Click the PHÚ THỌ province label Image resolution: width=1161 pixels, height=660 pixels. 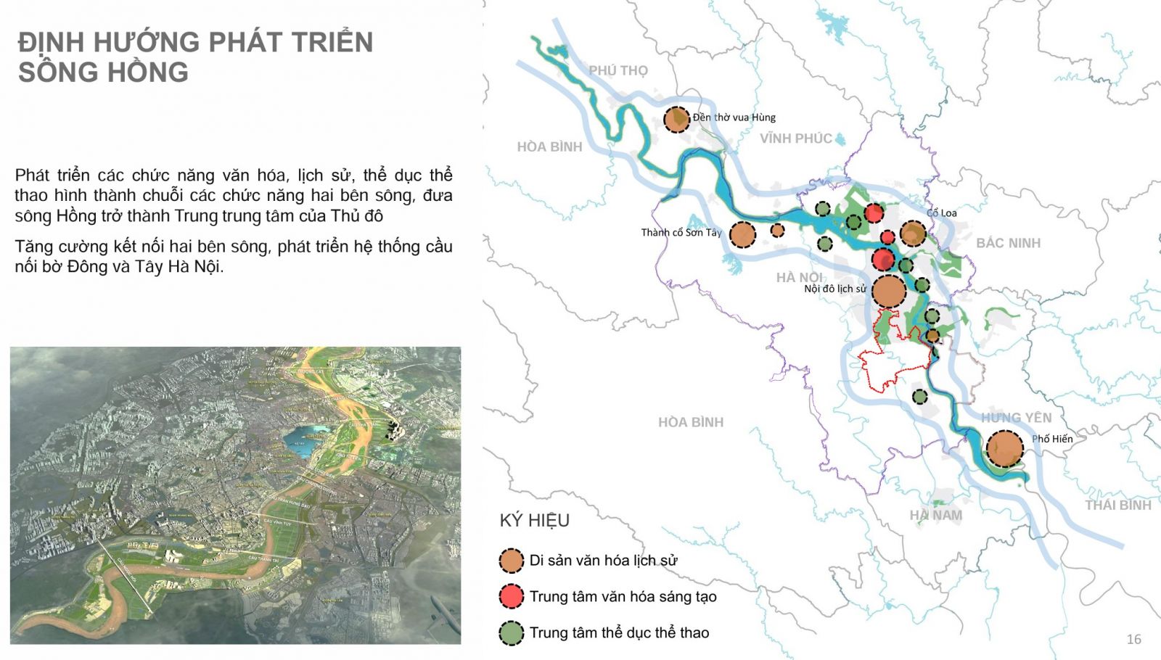click(x=618, y=70)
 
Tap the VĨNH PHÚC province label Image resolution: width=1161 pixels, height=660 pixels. click(x=795, y=139)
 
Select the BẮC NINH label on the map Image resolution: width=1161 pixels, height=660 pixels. click(x=1008, y=243)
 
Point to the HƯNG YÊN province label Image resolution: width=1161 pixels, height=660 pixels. click(x=1016, y=418)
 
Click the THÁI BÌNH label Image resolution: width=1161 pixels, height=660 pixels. click(x=1117, y=506)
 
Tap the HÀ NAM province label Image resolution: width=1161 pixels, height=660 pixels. click(x=936, y=515)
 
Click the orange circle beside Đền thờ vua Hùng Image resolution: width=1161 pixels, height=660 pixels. click(x=677, y=119)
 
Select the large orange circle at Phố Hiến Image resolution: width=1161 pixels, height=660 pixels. click(x=1005, y=448)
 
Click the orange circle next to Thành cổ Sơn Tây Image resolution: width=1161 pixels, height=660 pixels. click(x=742, y=235)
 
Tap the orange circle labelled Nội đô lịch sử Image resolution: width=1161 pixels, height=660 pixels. click(x=888, y=291)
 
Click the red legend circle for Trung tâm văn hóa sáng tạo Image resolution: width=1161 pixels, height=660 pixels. click(x=512, y=596)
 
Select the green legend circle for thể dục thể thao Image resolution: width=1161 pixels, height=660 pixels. click(x=512, y=633)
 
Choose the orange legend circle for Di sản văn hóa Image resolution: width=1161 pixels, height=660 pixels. click(x=512, y=561)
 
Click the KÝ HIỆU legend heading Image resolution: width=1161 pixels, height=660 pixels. click(x=535, y=520)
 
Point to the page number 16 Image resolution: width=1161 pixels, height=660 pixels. click(x=1133, y=639)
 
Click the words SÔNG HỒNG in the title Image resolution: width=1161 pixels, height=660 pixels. click(x=103, y=73)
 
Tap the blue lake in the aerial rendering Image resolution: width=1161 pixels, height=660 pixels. click(x=305, y=440)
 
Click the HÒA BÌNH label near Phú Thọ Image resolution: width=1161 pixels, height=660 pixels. click(x=549, y=147)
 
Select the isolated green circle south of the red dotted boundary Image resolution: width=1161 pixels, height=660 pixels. click(x=919, y=397)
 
